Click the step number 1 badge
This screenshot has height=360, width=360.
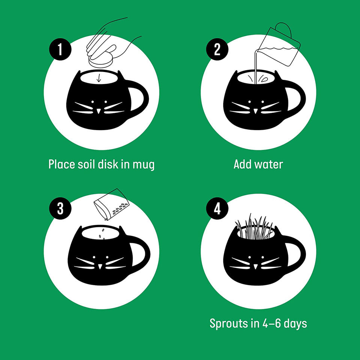pos(60,49)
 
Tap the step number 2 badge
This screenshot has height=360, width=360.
pos(217,49)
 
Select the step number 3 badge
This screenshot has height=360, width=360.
pos(60,208)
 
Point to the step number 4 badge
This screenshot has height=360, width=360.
pos(217,208)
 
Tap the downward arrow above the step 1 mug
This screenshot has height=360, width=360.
pos(99,78)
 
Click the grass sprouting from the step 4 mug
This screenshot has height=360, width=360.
pos(254,226)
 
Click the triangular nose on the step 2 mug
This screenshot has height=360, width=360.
pos(255,111)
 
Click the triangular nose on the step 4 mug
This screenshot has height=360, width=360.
pos(255,267)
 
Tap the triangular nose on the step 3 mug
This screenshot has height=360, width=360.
pos(100,267)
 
